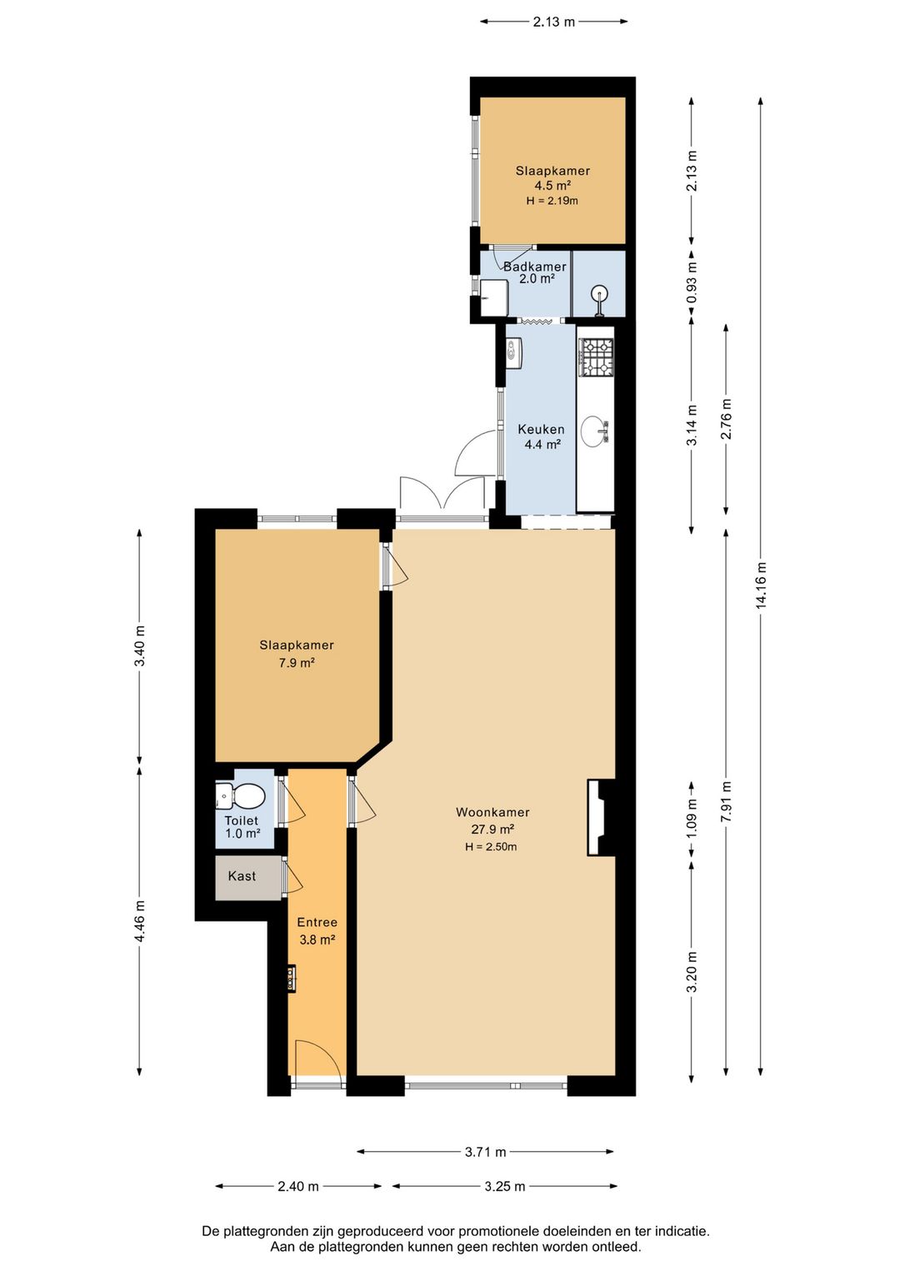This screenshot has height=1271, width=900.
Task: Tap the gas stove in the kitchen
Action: click(596, 357)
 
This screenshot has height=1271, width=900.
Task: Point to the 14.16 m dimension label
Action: click(762, 586)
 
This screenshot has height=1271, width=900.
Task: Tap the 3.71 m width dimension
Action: click(485, 1152)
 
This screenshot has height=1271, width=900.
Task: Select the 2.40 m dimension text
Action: click(298, 1186)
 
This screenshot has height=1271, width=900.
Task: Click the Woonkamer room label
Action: click(492, 812)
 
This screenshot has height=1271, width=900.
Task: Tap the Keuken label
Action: click(541, 430)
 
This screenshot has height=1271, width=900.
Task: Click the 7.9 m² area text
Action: click(297, 662)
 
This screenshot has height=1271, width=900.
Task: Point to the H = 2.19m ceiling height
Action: click(552, 200)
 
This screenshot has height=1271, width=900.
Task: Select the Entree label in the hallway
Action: click(317, 923)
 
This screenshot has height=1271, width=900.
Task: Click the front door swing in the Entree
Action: click(318, 1057)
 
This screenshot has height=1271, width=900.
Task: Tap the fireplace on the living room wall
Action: click(601, 817)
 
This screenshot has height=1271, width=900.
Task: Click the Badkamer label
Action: click(535, 267)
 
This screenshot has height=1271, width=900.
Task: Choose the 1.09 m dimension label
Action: click(692, 818)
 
